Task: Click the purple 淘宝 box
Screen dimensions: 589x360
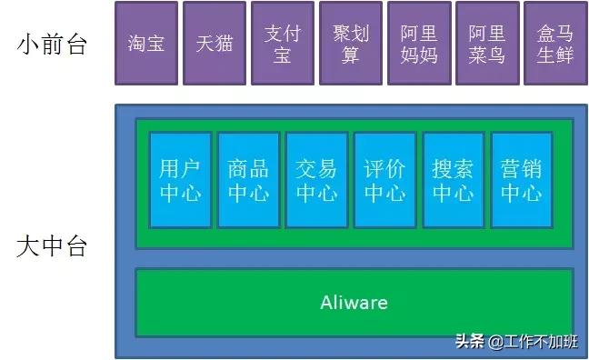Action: [x=146, y=43]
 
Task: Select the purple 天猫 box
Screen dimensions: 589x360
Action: [x=215, y=43]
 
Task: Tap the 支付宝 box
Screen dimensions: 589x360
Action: [x=283, y=43]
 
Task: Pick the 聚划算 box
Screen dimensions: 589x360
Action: [x=351, y=43]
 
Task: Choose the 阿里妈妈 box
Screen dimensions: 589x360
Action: [x=419, y=43]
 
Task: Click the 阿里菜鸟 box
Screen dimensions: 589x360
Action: [x=487, y=43]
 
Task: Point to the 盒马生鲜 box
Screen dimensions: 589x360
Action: [x=555, y=43]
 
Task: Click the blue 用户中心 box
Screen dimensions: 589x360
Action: [x=180, y=180]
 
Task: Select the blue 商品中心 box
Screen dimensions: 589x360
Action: [x=248, y=180]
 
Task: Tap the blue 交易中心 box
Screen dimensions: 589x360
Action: [x=316, y=180]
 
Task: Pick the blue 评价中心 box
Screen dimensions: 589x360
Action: [x=384, y=180]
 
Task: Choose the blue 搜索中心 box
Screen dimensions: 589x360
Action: [x=453, y=180]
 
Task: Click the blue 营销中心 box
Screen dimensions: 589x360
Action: [x=521, y=180]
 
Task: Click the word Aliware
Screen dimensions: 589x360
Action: [x=354, y=302]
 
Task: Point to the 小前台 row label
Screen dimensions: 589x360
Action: [x=52, y=44]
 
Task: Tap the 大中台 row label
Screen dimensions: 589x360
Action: [x=52, y=246]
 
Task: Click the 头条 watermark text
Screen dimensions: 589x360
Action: [x=469, y=342]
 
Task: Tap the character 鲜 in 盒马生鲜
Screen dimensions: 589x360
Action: [x=565, y=54]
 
